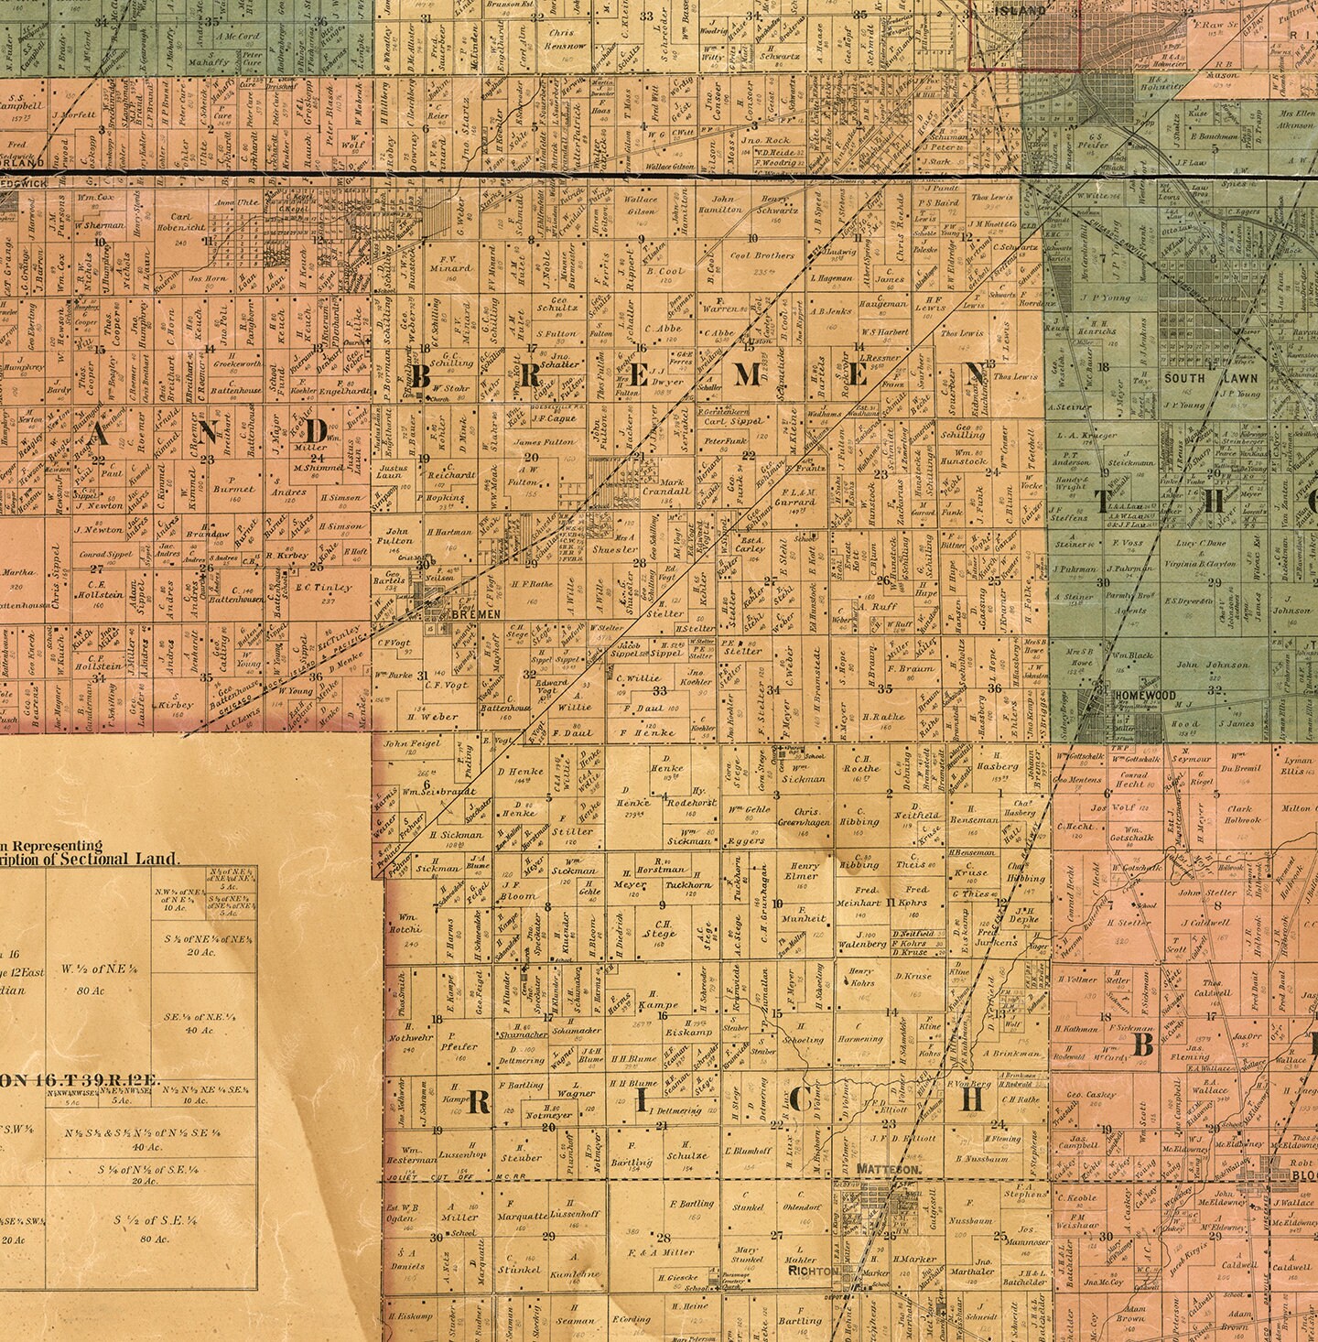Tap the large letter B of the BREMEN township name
[x=424, y=376]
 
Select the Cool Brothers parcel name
[x=762, y=255]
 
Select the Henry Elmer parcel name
[x=804, y=871]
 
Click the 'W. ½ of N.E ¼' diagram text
[x=94, y=973]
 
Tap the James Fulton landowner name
[x=544, y=442]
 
